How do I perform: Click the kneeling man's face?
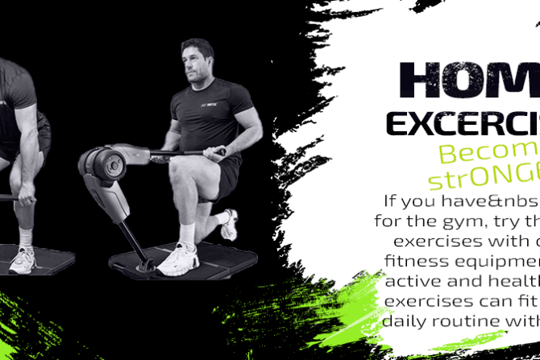tap(195, 62)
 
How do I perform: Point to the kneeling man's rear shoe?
tap(230, 226)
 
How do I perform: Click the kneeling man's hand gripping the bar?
tap(214, 151)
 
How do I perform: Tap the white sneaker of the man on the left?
tap(23, 259)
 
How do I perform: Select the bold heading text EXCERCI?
tap(464, 122)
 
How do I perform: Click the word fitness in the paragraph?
tap(419, 263)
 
